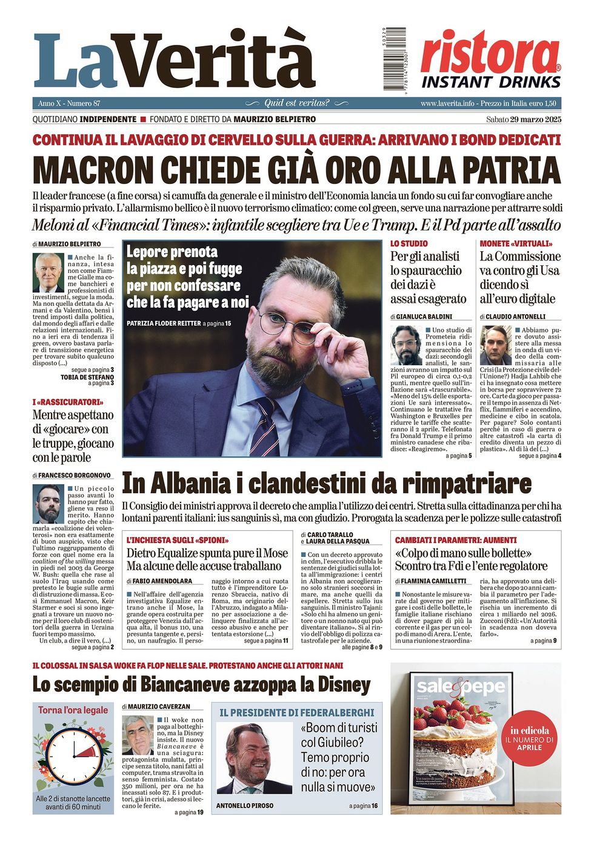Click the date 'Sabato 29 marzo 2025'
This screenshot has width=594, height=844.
pos(524,120)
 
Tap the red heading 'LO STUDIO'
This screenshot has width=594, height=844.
pos(409,243)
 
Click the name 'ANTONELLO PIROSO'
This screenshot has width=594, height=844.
pos(245,806)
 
